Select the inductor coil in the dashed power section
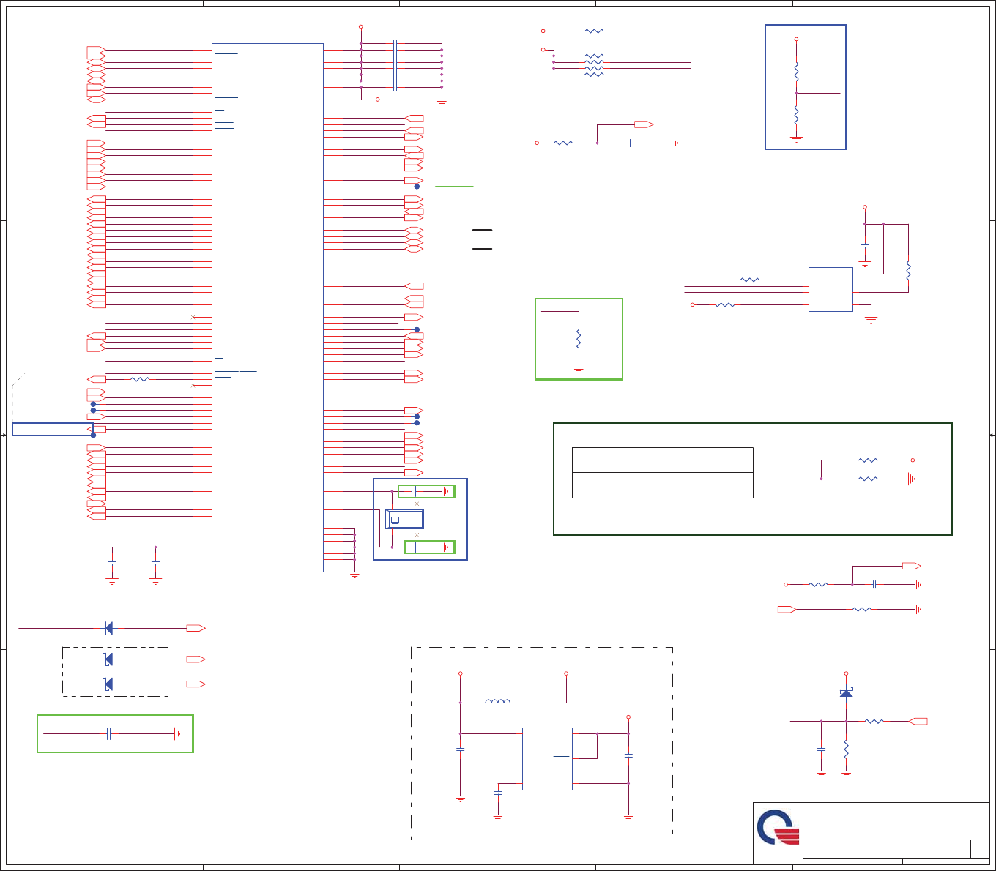[x=498, y=702]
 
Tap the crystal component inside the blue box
[x=404, y=519]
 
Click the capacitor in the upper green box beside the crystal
[x=415, y=491]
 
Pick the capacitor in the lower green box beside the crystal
[x=415, y=547]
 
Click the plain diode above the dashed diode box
[x=108, y=628]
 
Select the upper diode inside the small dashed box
[x=108, y=659]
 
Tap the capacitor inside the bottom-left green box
[x=108, y=733]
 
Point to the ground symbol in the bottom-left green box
[x=176, y=733]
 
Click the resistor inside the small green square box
[x=579, y=340]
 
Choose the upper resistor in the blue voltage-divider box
[x=796, y=71]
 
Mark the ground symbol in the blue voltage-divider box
[x=796, y=138]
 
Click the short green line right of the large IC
[x=454, y=187]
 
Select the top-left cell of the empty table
[x=619, y=453]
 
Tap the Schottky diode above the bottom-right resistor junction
[x=846, y=692]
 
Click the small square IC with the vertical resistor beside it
[x=830, y=289]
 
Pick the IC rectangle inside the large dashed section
[x=547, y=758]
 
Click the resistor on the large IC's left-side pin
[x=139, y=379]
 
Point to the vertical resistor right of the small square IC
[x=908, y=270]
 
